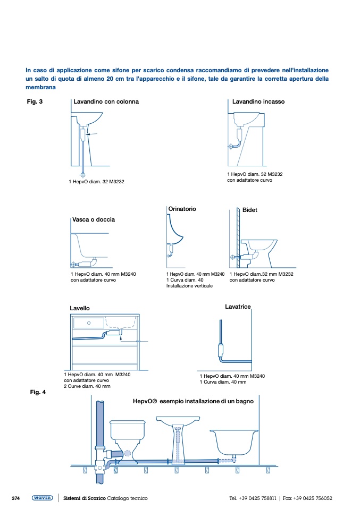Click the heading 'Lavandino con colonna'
(x=106, y=101)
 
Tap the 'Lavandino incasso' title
(x=258, y=101)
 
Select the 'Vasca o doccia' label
(x=93, y=219)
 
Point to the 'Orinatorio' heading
(x=182, y=209)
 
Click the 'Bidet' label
(x=249, y=210)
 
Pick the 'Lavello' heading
(x=80, y=308)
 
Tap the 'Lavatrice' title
(x=238, y=307)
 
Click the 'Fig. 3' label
(x=35, y=101)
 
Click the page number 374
(x=15, y=498)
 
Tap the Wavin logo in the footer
(x=42, y=498)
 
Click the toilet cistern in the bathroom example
(x=127, y=428)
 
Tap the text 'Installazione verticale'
(x=189, y=286)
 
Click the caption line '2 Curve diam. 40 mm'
(x=87, y=386)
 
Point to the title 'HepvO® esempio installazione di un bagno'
(x=193, y=402)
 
